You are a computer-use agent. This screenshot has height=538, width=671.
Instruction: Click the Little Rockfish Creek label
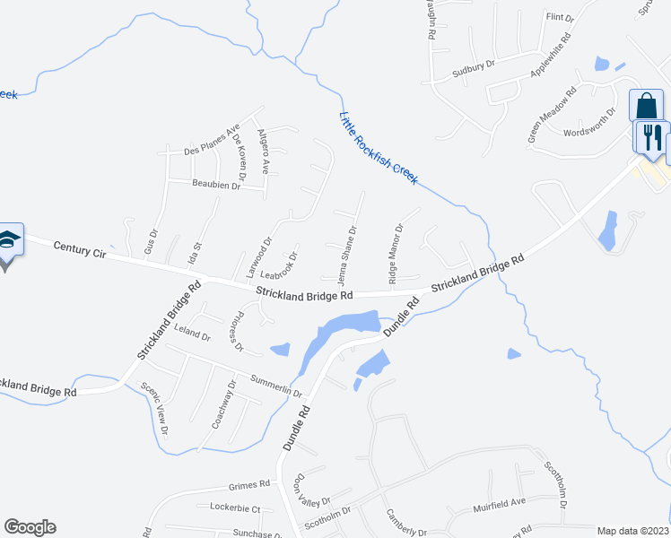pos(379,148)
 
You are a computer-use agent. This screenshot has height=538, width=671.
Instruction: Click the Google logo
pos(30,527)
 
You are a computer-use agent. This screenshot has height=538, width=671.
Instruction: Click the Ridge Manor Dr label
pos(396,252)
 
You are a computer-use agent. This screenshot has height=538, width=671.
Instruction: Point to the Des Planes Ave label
pos(212,140)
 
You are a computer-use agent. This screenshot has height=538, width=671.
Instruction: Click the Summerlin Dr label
pos(278,386)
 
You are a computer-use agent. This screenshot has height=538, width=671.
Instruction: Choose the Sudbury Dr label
pos(473,67)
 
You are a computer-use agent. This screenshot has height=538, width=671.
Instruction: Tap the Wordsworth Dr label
pos(589,124)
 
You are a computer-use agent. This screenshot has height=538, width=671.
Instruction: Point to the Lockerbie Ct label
pos(235,508)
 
